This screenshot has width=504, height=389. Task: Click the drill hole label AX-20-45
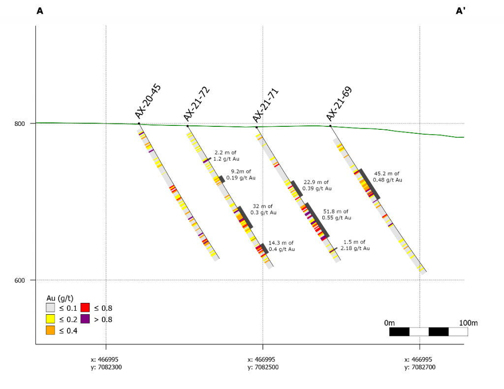coord(148,101)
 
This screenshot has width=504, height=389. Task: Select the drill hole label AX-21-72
coord(197,104)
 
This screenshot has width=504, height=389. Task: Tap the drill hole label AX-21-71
coord(266,105)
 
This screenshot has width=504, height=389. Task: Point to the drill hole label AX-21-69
coord(339,104)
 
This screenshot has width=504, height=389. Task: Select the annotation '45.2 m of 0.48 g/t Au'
coord(387,177)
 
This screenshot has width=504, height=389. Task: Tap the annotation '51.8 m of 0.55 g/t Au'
coord(337,214)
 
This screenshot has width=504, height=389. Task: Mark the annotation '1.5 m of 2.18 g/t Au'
coord(355,245)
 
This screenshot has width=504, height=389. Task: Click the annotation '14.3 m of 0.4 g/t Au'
coord(282,246)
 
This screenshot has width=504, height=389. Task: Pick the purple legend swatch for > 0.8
coord(85,319)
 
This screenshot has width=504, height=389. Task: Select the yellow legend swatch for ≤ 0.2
coord(50,319)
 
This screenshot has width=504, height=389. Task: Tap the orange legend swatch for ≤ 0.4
coord(50,330)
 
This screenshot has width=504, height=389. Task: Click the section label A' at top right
coord(461,11)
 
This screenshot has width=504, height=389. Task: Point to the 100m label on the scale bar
coord(468,323)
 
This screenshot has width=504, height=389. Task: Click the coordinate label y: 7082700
coord(420,367)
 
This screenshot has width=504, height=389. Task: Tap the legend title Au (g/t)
coord(60,298)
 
